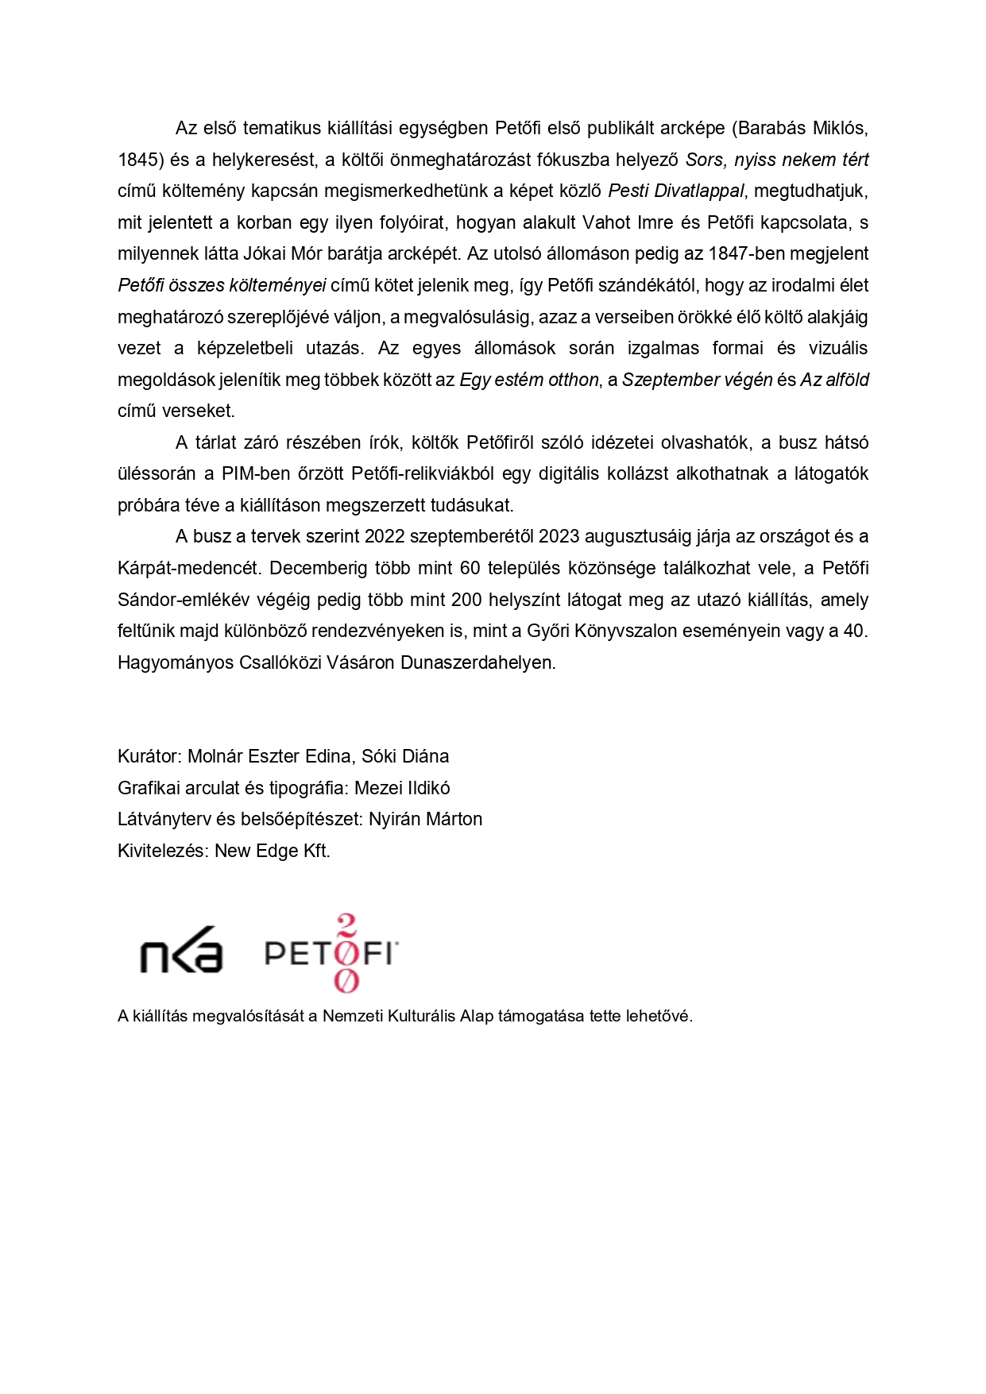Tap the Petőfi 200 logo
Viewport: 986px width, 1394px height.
click(331, 953)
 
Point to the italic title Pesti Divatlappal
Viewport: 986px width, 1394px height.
click(676, 191)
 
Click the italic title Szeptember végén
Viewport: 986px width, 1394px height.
click(697, 380)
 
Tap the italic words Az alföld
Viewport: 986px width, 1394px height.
click(834, 380)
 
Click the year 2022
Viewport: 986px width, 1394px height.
click(385, 537)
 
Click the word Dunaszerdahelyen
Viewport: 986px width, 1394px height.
click(478, 662)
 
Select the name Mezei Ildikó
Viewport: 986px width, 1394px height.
click(402, 788)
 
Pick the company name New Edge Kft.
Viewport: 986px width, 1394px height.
click(273, 851)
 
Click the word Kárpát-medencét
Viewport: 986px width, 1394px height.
click(189, 568)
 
